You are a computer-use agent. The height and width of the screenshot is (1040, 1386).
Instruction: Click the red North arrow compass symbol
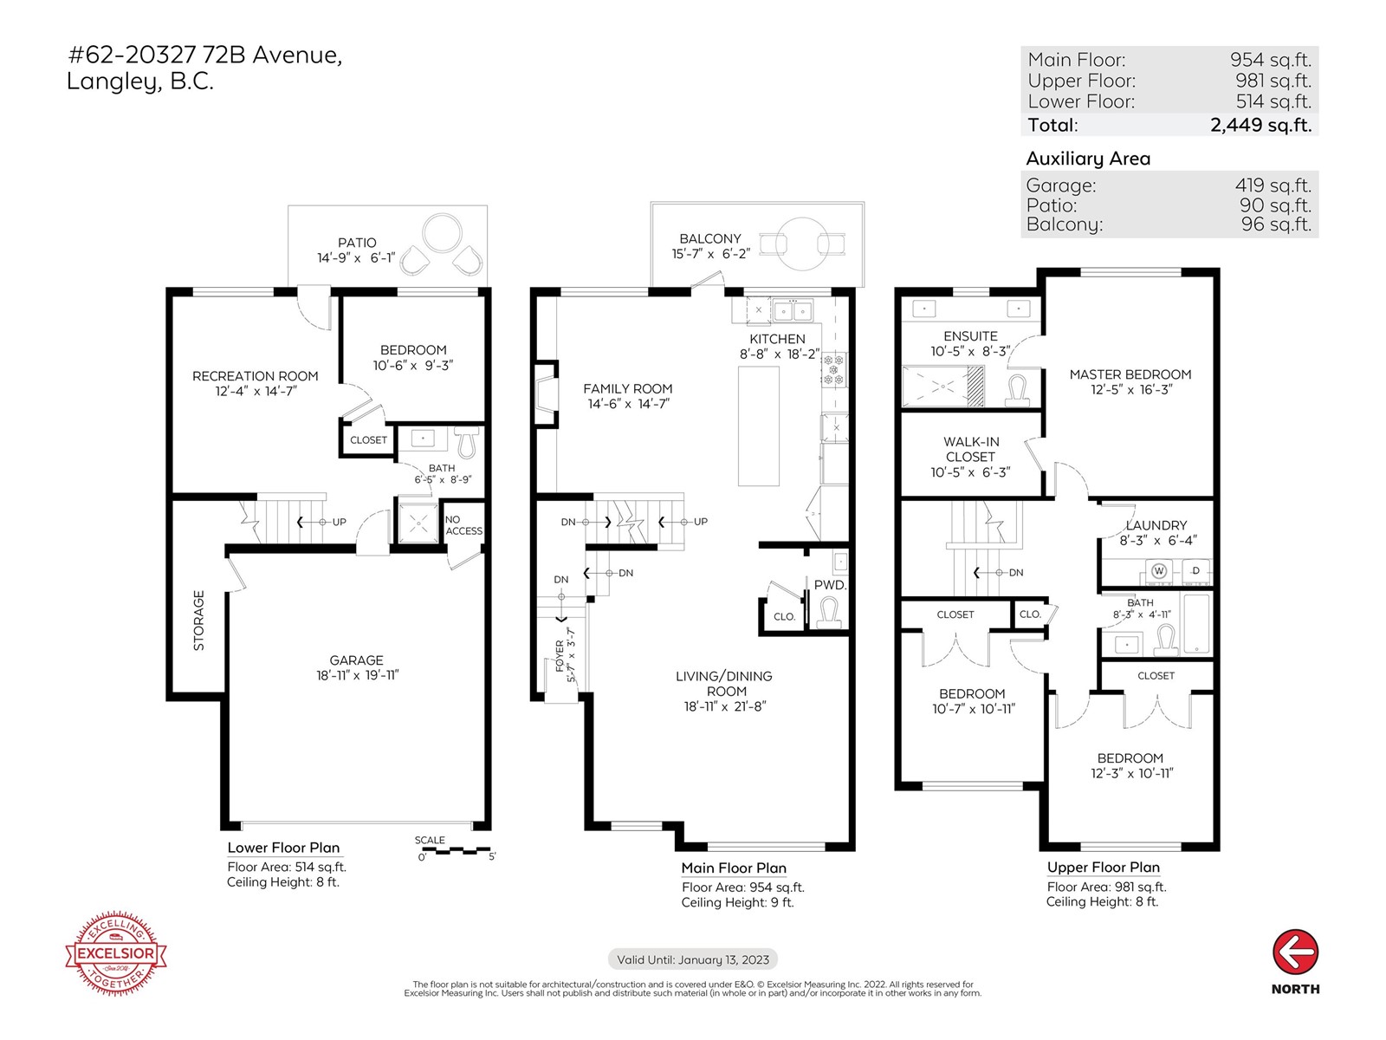1295,953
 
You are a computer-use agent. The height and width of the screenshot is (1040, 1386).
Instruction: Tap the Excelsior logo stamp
116,953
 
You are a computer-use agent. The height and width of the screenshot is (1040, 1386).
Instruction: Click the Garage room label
356,660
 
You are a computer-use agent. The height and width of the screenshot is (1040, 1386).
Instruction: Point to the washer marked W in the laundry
1158,570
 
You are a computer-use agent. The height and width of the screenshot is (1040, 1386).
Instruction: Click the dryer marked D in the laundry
1196,570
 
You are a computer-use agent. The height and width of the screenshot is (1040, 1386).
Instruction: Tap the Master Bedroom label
1130,374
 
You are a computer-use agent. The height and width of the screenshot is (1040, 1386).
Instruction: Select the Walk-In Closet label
970,449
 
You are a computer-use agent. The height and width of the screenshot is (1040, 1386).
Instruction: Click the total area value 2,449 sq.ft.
1260,125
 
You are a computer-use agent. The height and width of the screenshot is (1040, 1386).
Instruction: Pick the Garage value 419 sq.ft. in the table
1273,185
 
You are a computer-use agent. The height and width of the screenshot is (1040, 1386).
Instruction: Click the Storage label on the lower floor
199,621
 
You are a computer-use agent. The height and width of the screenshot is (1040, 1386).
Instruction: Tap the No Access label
463,525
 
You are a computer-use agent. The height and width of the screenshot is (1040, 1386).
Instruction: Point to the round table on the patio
444,232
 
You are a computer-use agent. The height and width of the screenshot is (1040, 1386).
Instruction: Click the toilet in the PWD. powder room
829,612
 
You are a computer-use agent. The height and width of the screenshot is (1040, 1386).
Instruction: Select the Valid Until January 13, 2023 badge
693,959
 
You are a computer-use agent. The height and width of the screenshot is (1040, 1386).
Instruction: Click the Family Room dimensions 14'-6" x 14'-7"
627,404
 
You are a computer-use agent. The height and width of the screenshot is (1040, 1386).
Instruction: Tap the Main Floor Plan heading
734,868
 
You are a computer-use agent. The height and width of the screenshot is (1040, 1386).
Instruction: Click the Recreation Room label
255,376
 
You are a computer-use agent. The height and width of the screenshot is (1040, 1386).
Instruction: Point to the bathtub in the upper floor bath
1196,623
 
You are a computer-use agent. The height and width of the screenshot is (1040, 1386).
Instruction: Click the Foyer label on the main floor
560,657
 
